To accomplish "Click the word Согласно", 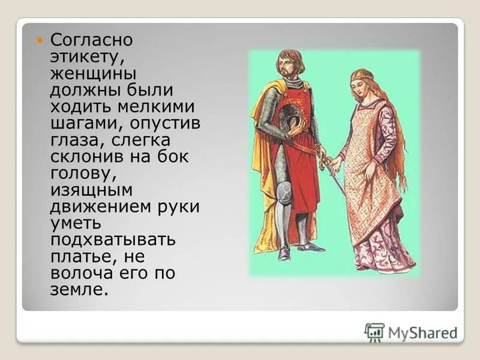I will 91,41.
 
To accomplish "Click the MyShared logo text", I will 421,332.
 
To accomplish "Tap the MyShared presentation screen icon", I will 374,332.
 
